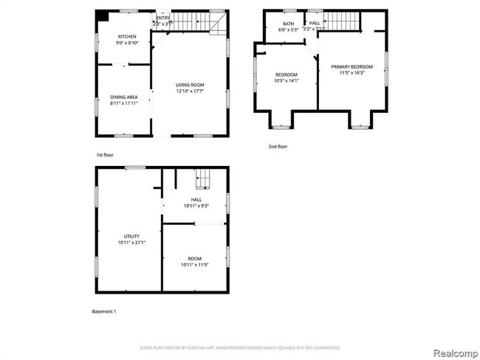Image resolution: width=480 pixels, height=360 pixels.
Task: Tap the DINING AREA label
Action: click(124, 97)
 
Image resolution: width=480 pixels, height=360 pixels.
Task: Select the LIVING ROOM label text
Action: click(190, 85)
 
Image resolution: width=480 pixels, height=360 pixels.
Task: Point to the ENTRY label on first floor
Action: click(162, 18)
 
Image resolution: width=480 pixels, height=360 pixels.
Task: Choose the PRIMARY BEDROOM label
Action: click(352, 66)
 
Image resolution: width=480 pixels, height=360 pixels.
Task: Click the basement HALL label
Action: click(196, 199)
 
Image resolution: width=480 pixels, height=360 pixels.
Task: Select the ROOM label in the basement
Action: click(194, 258)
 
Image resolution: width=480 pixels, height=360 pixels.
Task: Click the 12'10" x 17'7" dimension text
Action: click(190, 91)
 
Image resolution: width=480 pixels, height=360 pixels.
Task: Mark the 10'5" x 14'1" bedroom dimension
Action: click(287, 81)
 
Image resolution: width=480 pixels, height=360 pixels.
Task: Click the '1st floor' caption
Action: click(104, 155)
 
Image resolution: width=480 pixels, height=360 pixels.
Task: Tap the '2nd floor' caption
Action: click(277, 147)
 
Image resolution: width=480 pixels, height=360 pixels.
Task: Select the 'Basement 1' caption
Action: click(103, 311)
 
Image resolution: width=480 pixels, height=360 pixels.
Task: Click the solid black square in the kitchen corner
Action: click(103, 15)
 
